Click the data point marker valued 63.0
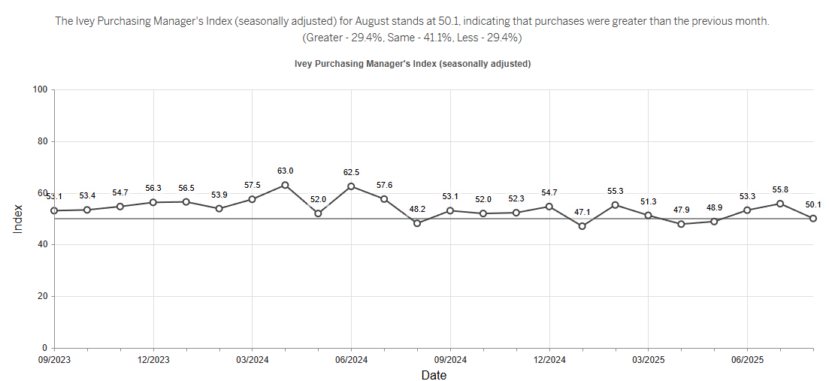[x=285, y=185]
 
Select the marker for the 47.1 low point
[x=582, y=226]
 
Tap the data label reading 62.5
[x=351, y=172]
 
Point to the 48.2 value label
[x=417, y=210]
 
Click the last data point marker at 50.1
[x=813, y=218]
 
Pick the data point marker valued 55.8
[x=780, y=204]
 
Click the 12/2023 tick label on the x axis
[x=153, y=360]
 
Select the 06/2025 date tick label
[x=747, y=360]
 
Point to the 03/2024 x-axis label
[x=252, y=360]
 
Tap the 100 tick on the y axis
[x=40, y=90]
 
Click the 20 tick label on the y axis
[x=42, y=297]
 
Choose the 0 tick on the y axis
[x=45, y=349]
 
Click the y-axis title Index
[x=18, y=219]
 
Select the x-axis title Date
[x=434, y=375]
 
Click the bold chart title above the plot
[x=413, y=64]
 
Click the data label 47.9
[x=681, y=210]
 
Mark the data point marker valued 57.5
[x=252, y=199]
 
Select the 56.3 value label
[x=153, y=188]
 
